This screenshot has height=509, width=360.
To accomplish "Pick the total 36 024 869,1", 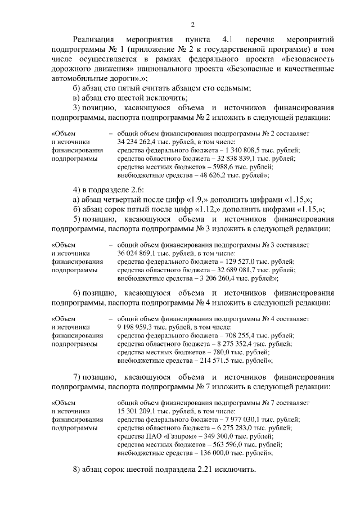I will pyautogui.click(x=137, y=254).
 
